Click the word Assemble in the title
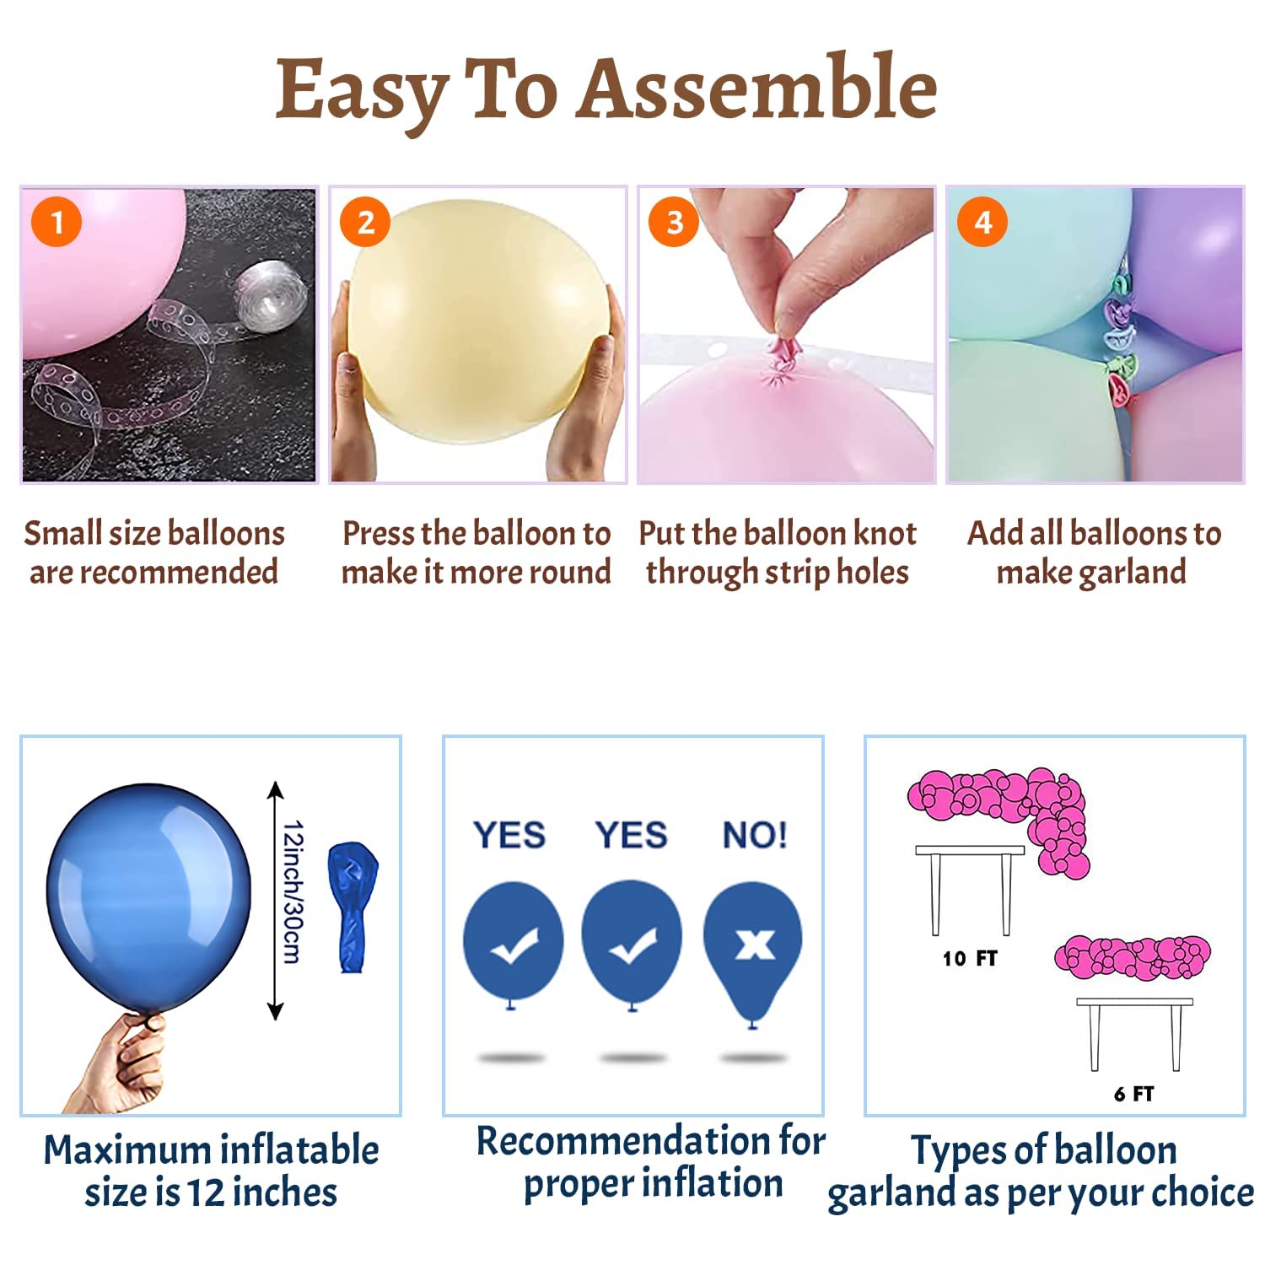coord(759,88)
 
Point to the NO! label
coord(755,835)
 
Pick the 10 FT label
coord(970,959)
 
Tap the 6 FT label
coord(1133,1094)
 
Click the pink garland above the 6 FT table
coord(1133,957)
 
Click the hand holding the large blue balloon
coord(122,1064)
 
